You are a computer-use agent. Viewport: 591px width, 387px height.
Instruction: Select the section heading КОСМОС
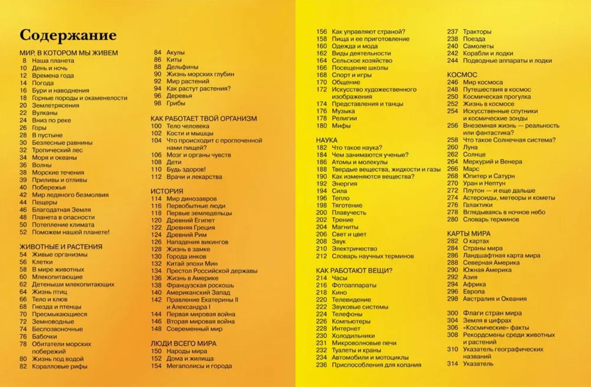point(462,75)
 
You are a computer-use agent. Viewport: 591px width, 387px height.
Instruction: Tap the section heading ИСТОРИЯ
point(167,191)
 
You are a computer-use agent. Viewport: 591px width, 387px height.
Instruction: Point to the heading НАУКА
point(327,140)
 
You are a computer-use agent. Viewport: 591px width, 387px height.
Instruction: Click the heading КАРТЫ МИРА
point(469,233)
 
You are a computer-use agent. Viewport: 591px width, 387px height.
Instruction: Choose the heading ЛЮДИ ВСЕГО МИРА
point(183,343)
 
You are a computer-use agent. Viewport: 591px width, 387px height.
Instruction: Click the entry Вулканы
point(45,113)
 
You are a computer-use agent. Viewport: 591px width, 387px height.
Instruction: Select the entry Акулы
point(176,52)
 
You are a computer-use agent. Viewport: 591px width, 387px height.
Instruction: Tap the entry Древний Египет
point(190,220)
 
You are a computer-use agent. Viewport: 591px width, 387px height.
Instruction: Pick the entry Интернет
point(346,328)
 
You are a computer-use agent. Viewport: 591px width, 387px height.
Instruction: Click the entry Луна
point(470,147)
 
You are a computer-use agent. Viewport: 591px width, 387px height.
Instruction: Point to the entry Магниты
point(345,227)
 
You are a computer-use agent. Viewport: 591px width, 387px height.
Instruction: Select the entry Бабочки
point(44,336)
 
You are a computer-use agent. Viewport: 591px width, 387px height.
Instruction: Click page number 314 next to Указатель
point(452,364)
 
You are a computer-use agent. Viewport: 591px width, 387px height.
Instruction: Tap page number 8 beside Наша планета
point(24,61)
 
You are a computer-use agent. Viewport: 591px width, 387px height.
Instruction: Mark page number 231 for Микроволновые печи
point(321,343)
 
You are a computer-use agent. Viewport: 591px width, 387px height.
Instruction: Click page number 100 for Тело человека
point(156,126)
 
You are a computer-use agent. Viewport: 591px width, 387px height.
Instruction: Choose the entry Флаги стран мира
point(492,313)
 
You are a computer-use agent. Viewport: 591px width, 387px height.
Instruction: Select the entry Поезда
point(474,39)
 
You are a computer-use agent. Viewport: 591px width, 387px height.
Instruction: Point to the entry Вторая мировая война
point(201,321)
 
